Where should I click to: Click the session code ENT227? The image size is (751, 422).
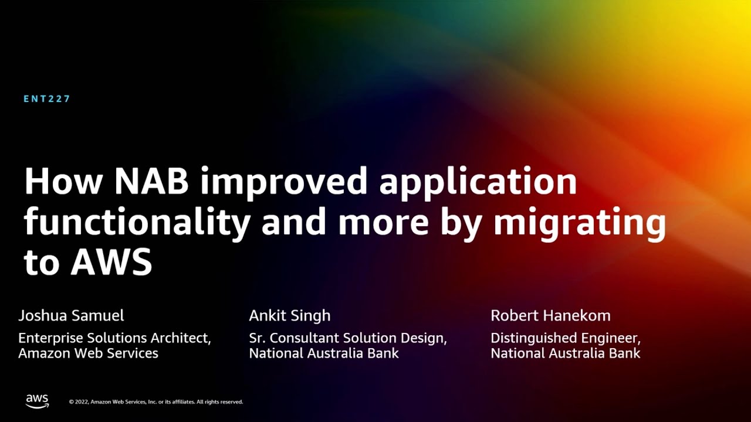(46, 99)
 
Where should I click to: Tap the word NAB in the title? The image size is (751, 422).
(151, 181)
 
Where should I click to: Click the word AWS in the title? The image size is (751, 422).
(111, 262)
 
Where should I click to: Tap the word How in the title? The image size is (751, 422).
(63, 181)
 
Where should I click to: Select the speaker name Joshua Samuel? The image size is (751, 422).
(71, 315)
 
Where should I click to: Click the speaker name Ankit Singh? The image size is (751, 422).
(290, 316)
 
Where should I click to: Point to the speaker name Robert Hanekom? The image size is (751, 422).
(550, 315)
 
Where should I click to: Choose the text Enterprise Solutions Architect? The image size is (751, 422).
(114, 338)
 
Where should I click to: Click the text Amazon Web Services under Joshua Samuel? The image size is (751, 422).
(88, 353)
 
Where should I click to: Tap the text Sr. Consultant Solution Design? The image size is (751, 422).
(348, 339)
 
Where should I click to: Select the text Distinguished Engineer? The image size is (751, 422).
(566, 339)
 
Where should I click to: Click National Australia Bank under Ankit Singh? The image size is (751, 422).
(324, 353)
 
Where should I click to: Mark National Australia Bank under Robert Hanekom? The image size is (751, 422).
(566, 353)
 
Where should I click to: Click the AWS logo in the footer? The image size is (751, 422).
(37, 401)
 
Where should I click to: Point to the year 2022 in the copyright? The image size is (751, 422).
(82, 402)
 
